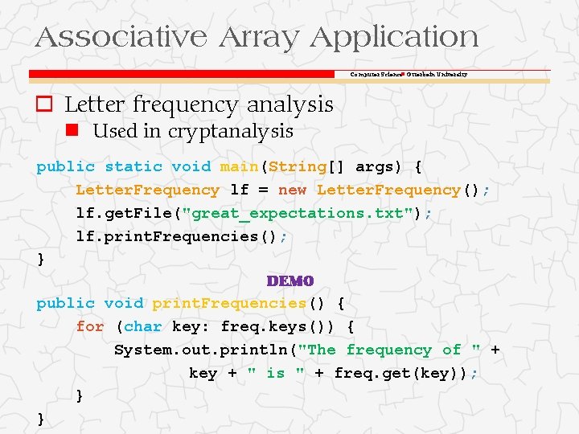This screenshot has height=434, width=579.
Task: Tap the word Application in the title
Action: pyautogui.click(x=394, y=37)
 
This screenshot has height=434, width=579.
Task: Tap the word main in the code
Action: pyautogui.click(x=239, y=167)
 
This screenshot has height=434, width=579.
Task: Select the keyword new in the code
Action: pyautogui.click(x=292, y=190)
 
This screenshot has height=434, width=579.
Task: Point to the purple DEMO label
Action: pyautogui.click(x=289, y=281)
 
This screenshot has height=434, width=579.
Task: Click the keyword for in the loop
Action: pyautogui.click(x=90, y=326)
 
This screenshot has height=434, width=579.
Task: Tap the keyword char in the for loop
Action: pyautogui.click(x=143, y=326)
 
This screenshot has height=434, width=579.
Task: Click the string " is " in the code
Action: pyautogui.click(x=276, y=373)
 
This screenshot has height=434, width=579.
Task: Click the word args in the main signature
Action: pyautogui.click(x=375, y=167)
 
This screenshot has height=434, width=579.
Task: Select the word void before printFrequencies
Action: pyautogui.click(x=123, y=303)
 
